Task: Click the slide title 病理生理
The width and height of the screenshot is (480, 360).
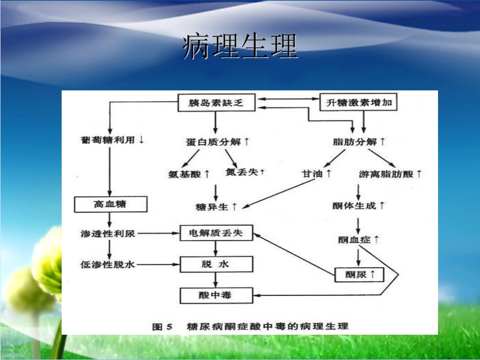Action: (239, 47)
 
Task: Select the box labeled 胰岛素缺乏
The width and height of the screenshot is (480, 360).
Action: (216, 103)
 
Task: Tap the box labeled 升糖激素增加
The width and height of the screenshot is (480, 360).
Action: (359, 103)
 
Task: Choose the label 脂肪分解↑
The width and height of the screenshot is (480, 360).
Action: (359, 142)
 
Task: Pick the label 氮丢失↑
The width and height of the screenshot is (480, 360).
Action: (245, 172)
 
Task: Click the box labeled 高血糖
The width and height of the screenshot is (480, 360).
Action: (111, 204)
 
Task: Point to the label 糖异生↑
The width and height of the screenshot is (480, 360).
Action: (216, 207)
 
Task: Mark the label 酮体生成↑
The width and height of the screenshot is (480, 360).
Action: (358, 205)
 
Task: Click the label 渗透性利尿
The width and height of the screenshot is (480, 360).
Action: (108, 233)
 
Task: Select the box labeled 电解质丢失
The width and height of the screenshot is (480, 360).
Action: (216, 233)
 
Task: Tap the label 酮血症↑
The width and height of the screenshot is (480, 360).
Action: (359, 239)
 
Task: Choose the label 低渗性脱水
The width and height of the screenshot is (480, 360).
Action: (108, 264)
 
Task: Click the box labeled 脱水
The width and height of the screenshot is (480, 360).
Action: (216, 264)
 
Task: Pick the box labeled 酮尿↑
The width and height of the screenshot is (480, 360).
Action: (359, 275)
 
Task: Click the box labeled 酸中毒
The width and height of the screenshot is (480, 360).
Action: (216, 294)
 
